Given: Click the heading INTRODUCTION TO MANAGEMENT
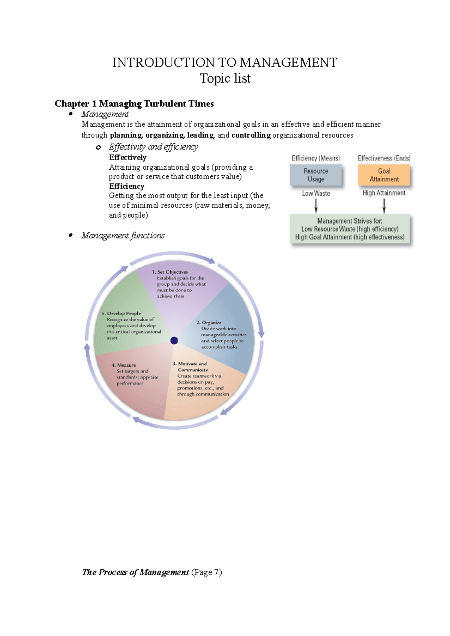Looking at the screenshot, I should (x=225, y=62).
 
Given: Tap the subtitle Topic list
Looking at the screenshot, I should (x=225, y=78).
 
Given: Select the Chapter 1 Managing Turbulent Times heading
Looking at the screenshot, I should (x=134, y=104).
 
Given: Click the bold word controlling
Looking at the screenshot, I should (x=251, y=135).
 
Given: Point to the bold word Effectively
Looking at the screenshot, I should (x=127, y=157).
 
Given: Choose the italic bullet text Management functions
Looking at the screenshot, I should (x=123, y=236).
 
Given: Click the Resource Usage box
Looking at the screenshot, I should (x=316, y=175).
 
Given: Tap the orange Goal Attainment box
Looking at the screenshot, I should (x=384, y=175).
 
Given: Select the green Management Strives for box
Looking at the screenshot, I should (x=350, y=229).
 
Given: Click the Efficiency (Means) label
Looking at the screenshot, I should (x=316, y=158).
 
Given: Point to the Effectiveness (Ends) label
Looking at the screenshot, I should (x=384, y=158).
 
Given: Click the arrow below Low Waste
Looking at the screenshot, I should (x=316, y=205).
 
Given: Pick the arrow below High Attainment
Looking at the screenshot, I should (x=384, y=205).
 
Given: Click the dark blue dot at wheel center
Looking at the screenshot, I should (x=174, y=340).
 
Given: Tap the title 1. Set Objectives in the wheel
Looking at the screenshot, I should (x=170, y=272).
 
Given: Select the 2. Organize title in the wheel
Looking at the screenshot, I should (x=209, y=322).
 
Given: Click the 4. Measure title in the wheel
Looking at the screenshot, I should (x=124, y=365).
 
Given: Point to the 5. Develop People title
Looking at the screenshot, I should (x=121, y=314).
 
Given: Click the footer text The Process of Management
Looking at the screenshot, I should (x=135, y=572).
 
